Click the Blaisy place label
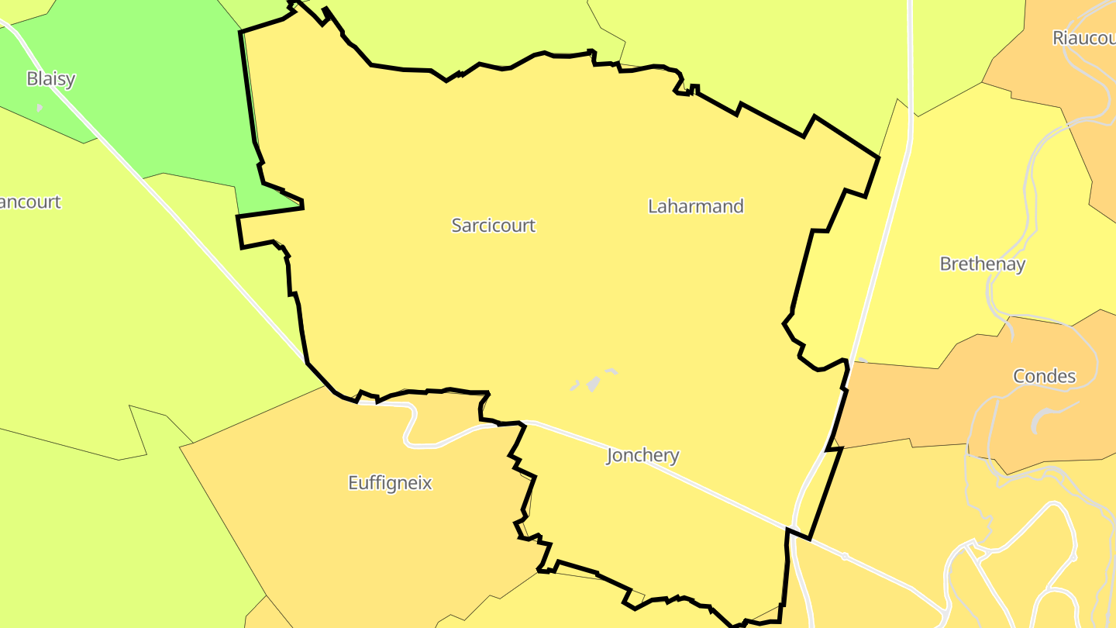point(51,78)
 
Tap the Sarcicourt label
point(494,226)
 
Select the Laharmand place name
point(695,206)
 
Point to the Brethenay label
point(982,264)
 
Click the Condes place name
point(1044,376)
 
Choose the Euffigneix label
point(390,483)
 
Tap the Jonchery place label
point(642,455)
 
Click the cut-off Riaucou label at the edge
point(1083,38)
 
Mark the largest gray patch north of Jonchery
point(594,383)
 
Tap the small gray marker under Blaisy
point(40,107)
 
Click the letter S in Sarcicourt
point(457,226)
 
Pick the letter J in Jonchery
point(610,456)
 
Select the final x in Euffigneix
point(427,483)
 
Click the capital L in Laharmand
point(653,206)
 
